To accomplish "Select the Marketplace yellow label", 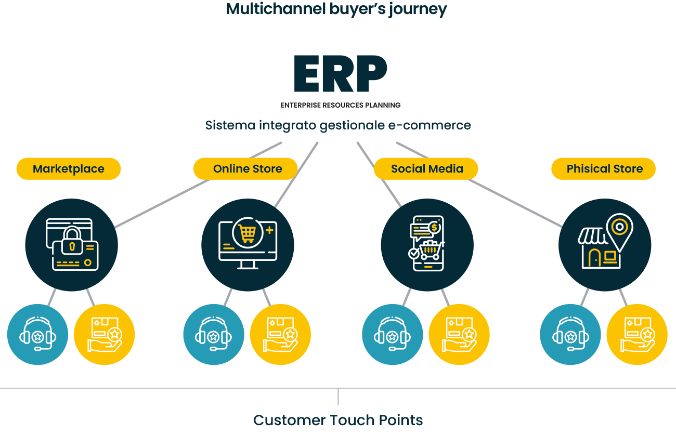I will click(69, 169).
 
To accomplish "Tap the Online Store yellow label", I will click(248, 169).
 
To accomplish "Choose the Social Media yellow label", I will click(426, 169).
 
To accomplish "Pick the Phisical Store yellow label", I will click(604, 169).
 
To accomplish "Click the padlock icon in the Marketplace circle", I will click(73, 240).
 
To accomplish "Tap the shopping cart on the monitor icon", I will click(247, 232).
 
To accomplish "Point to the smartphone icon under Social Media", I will click(427, 243).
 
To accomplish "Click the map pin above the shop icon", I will click(619, 229).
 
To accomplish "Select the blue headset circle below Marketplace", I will click(37, 335).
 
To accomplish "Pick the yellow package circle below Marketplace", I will click(104, 335).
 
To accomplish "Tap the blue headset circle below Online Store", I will click(214, 335).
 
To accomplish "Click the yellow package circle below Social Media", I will click(459, 335).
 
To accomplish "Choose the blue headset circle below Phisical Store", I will click(570, 335).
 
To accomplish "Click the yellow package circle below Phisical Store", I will click(637, 335).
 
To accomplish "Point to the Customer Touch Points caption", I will click(338, 420).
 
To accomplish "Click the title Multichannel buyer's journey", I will click(336, 9).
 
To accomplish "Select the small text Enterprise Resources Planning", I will click(340, 105).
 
